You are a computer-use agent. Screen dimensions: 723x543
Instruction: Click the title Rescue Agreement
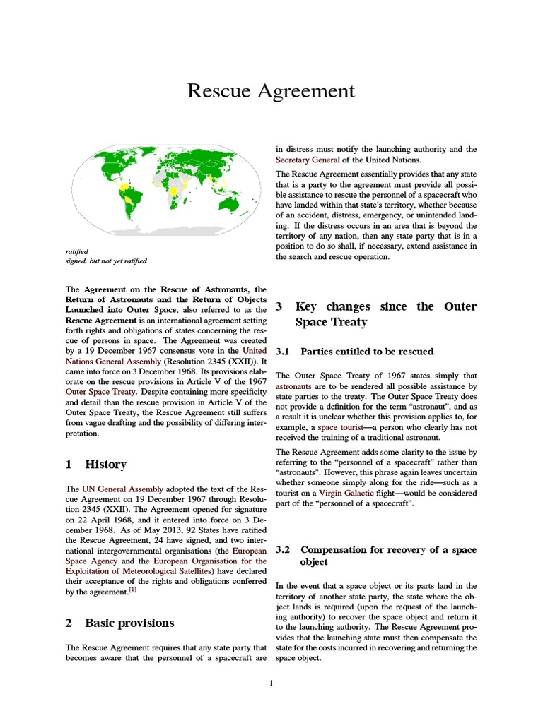click(x=271, y=91)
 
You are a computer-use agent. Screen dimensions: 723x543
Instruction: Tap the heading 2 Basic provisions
click(x=119, y=623)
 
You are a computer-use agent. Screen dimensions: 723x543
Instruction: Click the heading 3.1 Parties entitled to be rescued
click(x=366, y=351)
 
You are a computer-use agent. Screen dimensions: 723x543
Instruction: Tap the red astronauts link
click(x=293, y=387)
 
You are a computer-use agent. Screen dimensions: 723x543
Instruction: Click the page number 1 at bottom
click(x=271, y=683)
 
